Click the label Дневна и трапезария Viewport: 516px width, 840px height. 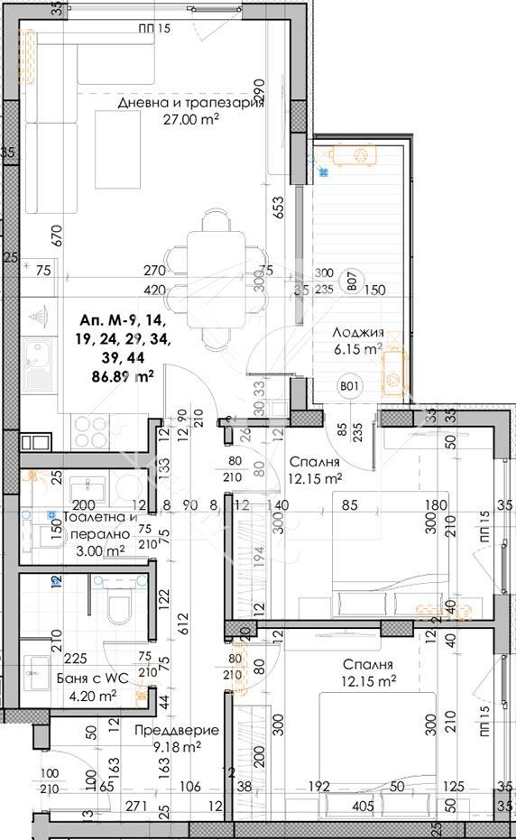click(190, 103)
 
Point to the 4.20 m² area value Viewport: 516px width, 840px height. click(93, 696)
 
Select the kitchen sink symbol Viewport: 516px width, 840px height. click(40, 358)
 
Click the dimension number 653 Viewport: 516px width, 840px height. click(279, 208)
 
